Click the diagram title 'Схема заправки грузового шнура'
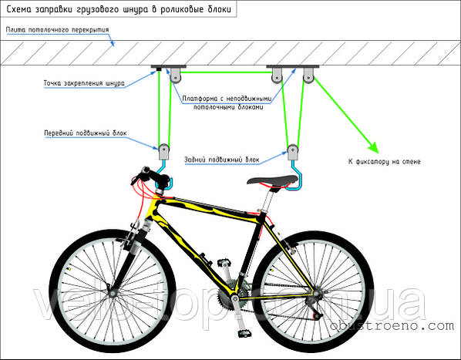point(77,9)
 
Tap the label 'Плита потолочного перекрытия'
point(58,30)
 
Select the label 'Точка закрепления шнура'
point(84,83)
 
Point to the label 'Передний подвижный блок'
point(86,133)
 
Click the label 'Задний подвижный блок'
point(222,160)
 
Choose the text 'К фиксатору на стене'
point(384,161)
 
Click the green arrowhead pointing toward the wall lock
point(373,147)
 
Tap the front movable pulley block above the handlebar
point(163,152)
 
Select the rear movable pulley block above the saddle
point(292,152)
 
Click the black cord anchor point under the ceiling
point(159,69)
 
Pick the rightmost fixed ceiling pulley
point(308,76)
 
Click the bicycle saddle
point(273,180)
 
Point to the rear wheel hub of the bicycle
point(317,293)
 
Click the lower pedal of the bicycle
point(244,333)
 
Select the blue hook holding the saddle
point(295,177)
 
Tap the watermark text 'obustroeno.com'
point(392,325)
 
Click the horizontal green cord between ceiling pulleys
point(227,72)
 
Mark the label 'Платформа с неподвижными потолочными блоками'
point(227,103)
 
